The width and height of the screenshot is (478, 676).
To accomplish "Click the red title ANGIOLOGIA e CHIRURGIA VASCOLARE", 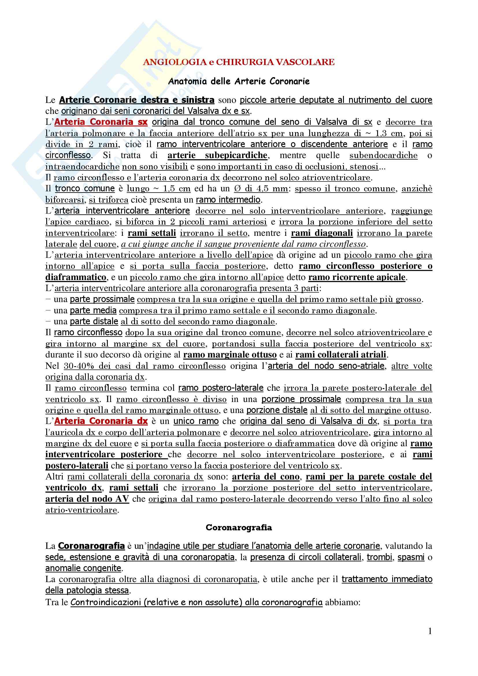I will click(239, 62).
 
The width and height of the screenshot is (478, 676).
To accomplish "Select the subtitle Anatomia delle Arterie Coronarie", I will click(239, 81).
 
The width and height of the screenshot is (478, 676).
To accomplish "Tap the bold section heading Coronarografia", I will click(239, 527).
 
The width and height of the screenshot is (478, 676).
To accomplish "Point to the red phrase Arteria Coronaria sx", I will click(101, 122).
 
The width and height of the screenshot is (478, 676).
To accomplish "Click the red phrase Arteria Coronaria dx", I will click(101, 421).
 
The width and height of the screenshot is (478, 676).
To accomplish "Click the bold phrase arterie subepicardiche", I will click(217, 155).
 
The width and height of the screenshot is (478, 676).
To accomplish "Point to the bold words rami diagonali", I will click(322, 233).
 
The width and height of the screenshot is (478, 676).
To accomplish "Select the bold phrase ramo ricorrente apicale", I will click(357, 277).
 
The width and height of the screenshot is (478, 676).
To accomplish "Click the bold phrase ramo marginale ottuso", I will click(230, 355).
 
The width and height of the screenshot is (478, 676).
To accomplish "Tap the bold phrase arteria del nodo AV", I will click(87, 499).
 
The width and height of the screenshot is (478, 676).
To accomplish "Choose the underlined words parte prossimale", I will click(102, 299).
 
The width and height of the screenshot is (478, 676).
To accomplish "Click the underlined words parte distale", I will click(94, 321).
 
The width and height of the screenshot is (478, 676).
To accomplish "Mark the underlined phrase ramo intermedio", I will click(228, 200).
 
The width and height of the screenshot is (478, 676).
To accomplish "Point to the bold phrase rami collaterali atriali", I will click(340, 355).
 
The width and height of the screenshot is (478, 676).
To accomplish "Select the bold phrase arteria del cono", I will click(266, 477).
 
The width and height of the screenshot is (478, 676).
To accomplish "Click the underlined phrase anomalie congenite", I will click(83, 568).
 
